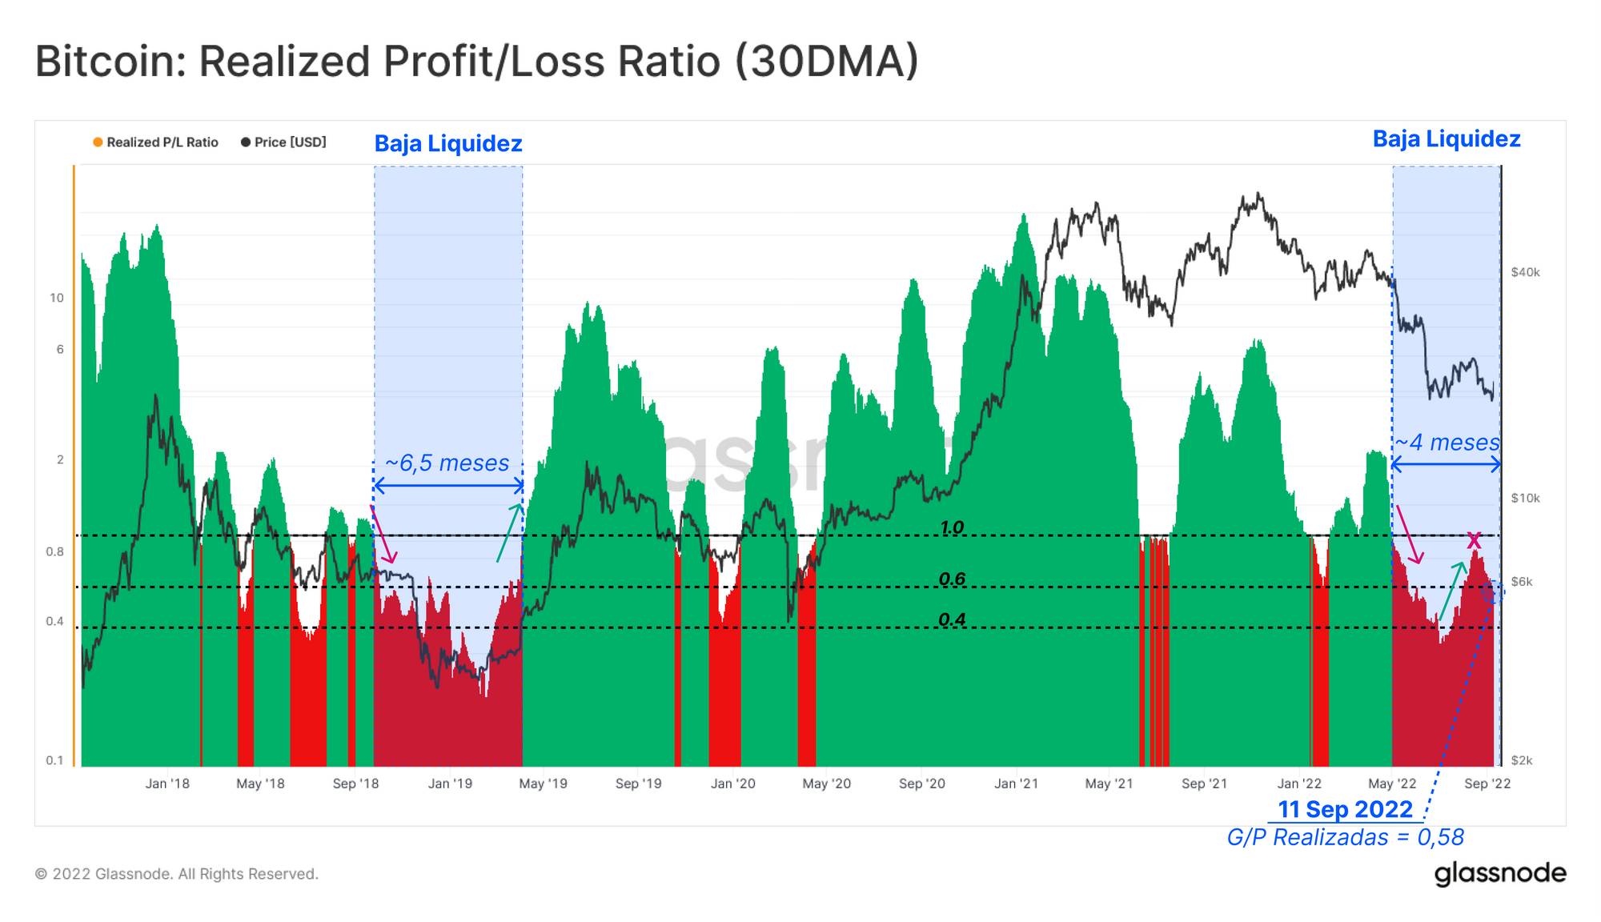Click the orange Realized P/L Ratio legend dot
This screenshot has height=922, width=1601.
98,142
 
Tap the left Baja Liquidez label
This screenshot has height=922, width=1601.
448,144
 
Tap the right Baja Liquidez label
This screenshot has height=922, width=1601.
1447,139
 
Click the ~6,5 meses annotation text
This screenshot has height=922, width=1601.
447,463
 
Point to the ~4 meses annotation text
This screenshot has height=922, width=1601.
1447,443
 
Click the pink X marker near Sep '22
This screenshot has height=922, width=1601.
1474,541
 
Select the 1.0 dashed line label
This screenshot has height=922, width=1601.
952,527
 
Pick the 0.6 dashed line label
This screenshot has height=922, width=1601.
952,579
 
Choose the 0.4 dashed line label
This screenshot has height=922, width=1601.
952,619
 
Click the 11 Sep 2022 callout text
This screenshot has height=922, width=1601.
1345,809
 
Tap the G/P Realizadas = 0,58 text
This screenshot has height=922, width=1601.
1345,837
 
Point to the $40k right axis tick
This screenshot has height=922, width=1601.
1525,272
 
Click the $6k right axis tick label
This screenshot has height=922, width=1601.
1521,582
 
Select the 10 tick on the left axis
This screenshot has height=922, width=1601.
56,299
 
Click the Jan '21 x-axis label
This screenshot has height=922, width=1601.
1016,784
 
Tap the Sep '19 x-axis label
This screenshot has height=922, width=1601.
638,784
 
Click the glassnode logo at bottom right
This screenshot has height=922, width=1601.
1499,873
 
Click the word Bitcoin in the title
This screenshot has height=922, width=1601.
110,62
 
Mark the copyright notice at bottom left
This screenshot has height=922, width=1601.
176,874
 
